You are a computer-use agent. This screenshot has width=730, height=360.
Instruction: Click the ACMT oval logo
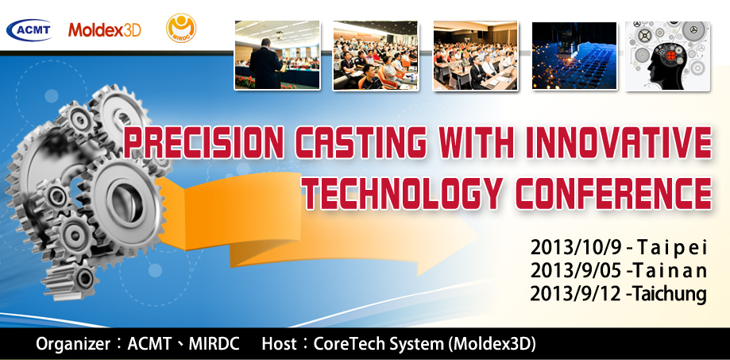[29, 30]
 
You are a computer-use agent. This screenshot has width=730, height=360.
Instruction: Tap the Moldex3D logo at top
[105, 30]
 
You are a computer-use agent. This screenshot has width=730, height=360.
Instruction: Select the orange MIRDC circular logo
[182, 29]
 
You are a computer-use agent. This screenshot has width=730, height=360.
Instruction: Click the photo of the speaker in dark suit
[277, 55]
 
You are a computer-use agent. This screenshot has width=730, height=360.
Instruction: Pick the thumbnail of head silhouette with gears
[667, 56]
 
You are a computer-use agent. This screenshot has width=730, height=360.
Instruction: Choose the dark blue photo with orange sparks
[574, 56]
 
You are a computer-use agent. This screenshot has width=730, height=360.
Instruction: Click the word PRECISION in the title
[204, 141]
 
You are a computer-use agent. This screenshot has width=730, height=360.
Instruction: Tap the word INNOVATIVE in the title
[618, 141]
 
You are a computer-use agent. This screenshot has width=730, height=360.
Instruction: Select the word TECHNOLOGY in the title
[404, 192]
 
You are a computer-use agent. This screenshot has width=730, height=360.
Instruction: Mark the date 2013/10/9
[576, 247]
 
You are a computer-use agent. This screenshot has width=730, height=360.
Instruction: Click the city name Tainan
[671, 270]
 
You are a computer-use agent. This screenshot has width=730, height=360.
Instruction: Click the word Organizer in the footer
[73, 344]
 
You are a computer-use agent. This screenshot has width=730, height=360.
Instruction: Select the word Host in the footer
[279, 343]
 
